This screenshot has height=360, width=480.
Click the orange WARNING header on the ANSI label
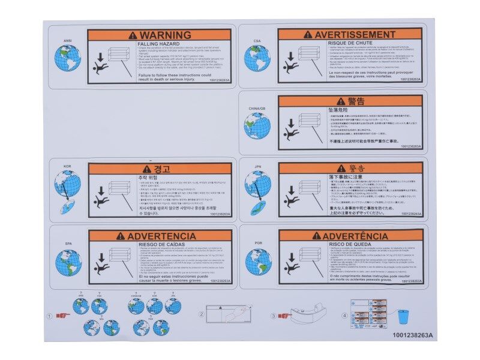tap(159, 35)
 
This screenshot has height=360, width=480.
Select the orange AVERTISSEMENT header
tap(350, 35)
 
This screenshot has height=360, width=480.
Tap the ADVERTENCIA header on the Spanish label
tap(159, 236)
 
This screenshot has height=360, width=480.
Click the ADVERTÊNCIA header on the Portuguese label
tap(350, 236)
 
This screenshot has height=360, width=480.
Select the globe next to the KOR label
tap(68, 183)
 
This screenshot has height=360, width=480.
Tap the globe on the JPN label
tap(258, 183)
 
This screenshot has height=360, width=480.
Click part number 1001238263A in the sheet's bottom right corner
tap(413, 335)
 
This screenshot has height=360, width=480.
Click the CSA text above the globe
tap(257, 41)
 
